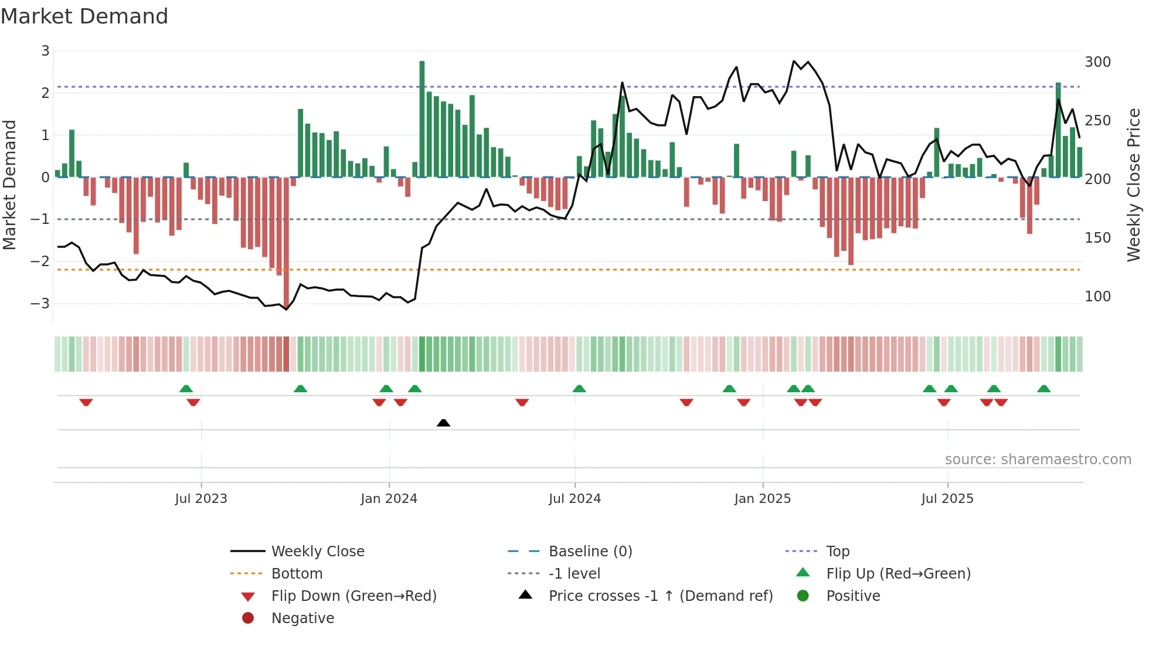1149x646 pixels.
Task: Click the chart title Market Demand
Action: coord(84,16)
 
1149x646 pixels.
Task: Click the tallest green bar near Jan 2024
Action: coord(422,117)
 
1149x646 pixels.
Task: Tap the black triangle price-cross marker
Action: coord(444,423)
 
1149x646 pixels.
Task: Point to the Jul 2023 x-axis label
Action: coord(201,499)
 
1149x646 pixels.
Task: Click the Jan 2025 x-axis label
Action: coord(762,499)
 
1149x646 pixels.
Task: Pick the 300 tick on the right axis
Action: coord(1097,62)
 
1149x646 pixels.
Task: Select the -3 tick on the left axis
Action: coord(40,304)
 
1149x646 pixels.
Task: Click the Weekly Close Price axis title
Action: coord(1133,185)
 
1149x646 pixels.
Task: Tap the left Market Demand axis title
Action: coord(10,185)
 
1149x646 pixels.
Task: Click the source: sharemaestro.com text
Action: coord(1038,460)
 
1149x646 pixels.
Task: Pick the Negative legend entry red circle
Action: coord(248,618)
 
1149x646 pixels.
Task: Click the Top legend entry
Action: coord(837,552)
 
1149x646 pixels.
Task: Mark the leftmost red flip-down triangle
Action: coord(86,402)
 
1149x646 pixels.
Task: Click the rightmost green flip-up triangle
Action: coord(1043,389)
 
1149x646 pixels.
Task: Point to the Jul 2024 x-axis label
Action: coord(574,499)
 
